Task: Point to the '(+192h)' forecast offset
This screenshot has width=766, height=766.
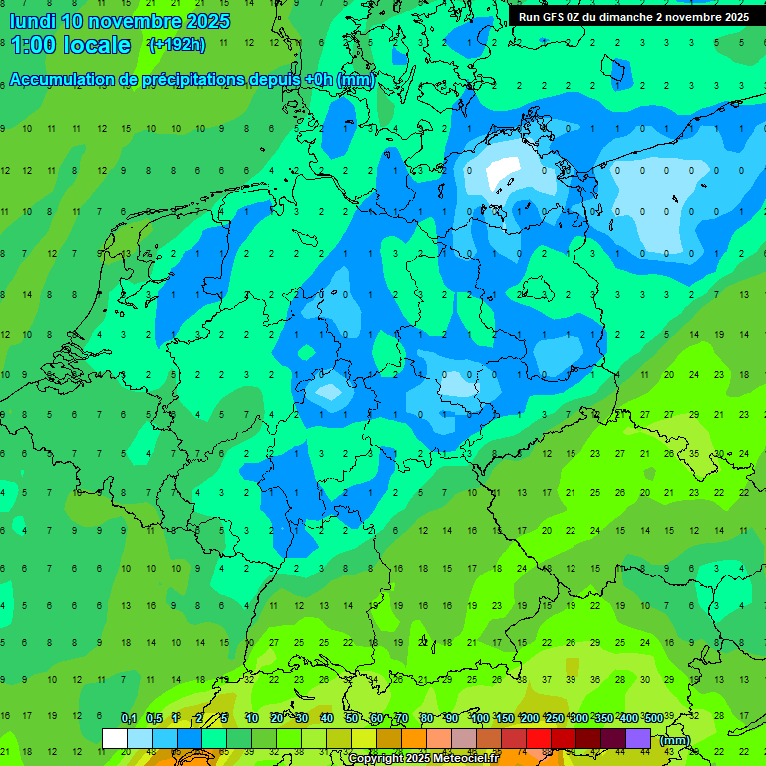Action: [177, 45]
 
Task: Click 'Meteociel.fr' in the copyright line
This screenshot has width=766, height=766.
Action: [457, 759]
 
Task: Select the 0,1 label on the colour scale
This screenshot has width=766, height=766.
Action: [129, 719]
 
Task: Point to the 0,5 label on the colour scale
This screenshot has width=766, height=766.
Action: [154, 719]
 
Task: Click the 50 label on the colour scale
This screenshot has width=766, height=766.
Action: [352, 719]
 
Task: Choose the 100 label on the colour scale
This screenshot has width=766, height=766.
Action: [479, 719]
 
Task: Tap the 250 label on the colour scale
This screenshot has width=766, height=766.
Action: [554, 719]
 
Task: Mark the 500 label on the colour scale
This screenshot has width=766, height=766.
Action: [653, 719]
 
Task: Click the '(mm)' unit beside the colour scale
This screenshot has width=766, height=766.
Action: [675, 740]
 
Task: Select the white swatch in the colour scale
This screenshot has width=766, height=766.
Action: [115, 738]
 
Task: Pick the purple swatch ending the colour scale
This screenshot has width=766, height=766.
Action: [638, 738]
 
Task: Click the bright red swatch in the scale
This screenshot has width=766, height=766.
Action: [539, 738]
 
